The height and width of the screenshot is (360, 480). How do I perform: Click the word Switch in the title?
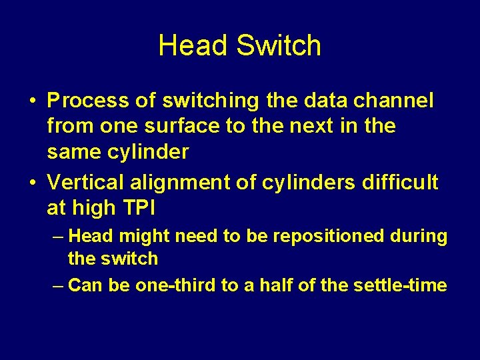pyautogui.click(x=279, y=45)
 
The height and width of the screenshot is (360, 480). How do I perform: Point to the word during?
pyautogui.click(x=420, y=236)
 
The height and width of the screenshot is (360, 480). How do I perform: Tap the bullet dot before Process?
pyautogui.click(x=33, y=101)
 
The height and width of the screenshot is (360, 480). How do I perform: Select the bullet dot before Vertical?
pyautogui.click(x=33, y=183)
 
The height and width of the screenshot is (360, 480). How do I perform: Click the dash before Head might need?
pyautogui.click(x=58, y=236)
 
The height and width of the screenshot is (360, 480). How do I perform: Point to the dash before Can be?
pyautogui.click(x=58, y=285)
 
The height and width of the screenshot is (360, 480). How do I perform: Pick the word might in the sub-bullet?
pyautogui.click(x=134, y=236)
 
